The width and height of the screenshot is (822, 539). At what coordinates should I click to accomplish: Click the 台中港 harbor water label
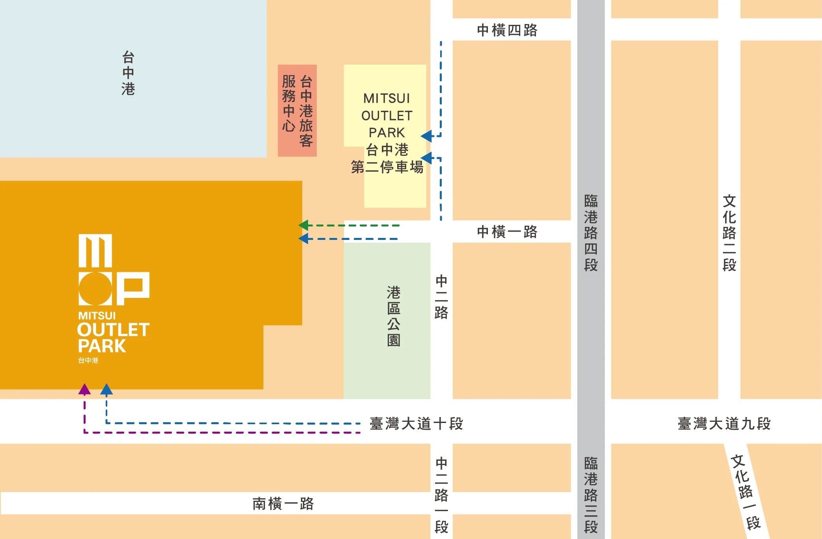point(128,73)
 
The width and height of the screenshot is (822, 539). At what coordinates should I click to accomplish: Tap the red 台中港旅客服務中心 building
point(297,110)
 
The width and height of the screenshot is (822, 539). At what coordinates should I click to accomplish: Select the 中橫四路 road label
point(507,30)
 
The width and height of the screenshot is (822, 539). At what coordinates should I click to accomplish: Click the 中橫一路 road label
point(507,232)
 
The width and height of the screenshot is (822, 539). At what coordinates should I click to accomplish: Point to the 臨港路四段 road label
point(590,233)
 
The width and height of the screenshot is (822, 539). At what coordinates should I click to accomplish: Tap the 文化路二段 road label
point(729,233)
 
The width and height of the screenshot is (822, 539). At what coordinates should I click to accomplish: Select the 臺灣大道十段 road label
point(416,424)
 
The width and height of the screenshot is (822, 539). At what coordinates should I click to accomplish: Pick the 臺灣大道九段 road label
point(724,424)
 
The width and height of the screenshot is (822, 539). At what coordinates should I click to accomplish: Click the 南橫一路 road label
point(283,504)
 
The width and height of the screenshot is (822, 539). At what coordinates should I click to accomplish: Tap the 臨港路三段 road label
point(590,495)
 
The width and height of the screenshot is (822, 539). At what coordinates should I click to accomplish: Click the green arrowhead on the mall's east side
point(303,225)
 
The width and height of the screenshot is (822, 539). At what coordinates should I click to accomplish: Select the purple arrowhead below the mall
point(84,390)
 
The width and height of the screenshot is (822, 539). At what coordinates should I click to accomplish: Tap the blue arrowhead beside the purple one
point(106,390)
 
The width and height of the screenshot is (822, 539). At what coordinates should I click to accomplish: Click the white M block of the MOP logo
point(95,251)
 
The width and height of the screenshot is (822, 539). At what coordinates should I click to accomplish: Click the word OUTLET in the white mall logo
point(113,330)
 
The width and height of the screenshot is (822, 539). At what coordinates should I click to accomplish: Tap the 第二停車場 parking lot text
point(387,167)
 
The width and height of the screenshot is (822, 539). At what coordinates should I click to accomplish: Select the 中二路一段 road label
point(441,495)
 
